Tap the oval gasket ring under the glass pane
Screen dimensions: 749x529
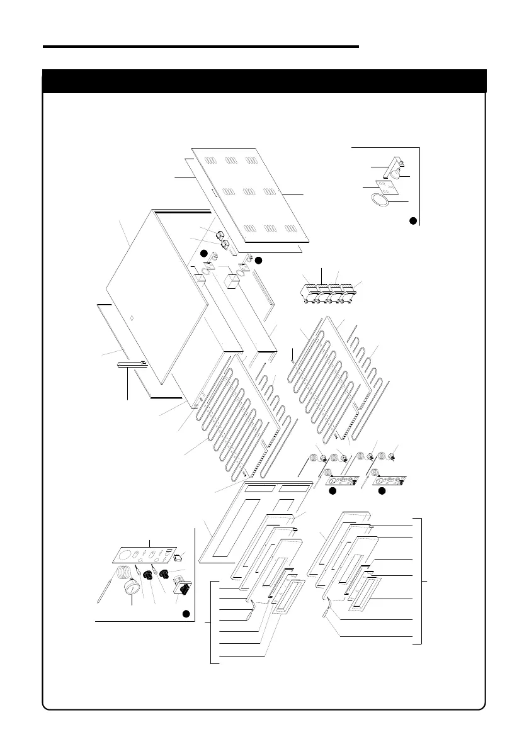379,201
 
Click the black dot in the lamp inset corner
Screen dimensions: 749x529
412,220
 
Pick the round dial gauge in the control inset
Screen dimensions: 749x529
132,591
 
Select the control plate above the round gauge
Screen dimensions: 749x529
142,555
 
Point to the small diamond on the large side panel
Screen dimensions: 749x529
130,318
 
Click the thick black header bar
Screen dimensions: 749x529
264,81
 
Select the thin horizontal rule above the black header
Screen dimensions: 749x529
201,46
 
